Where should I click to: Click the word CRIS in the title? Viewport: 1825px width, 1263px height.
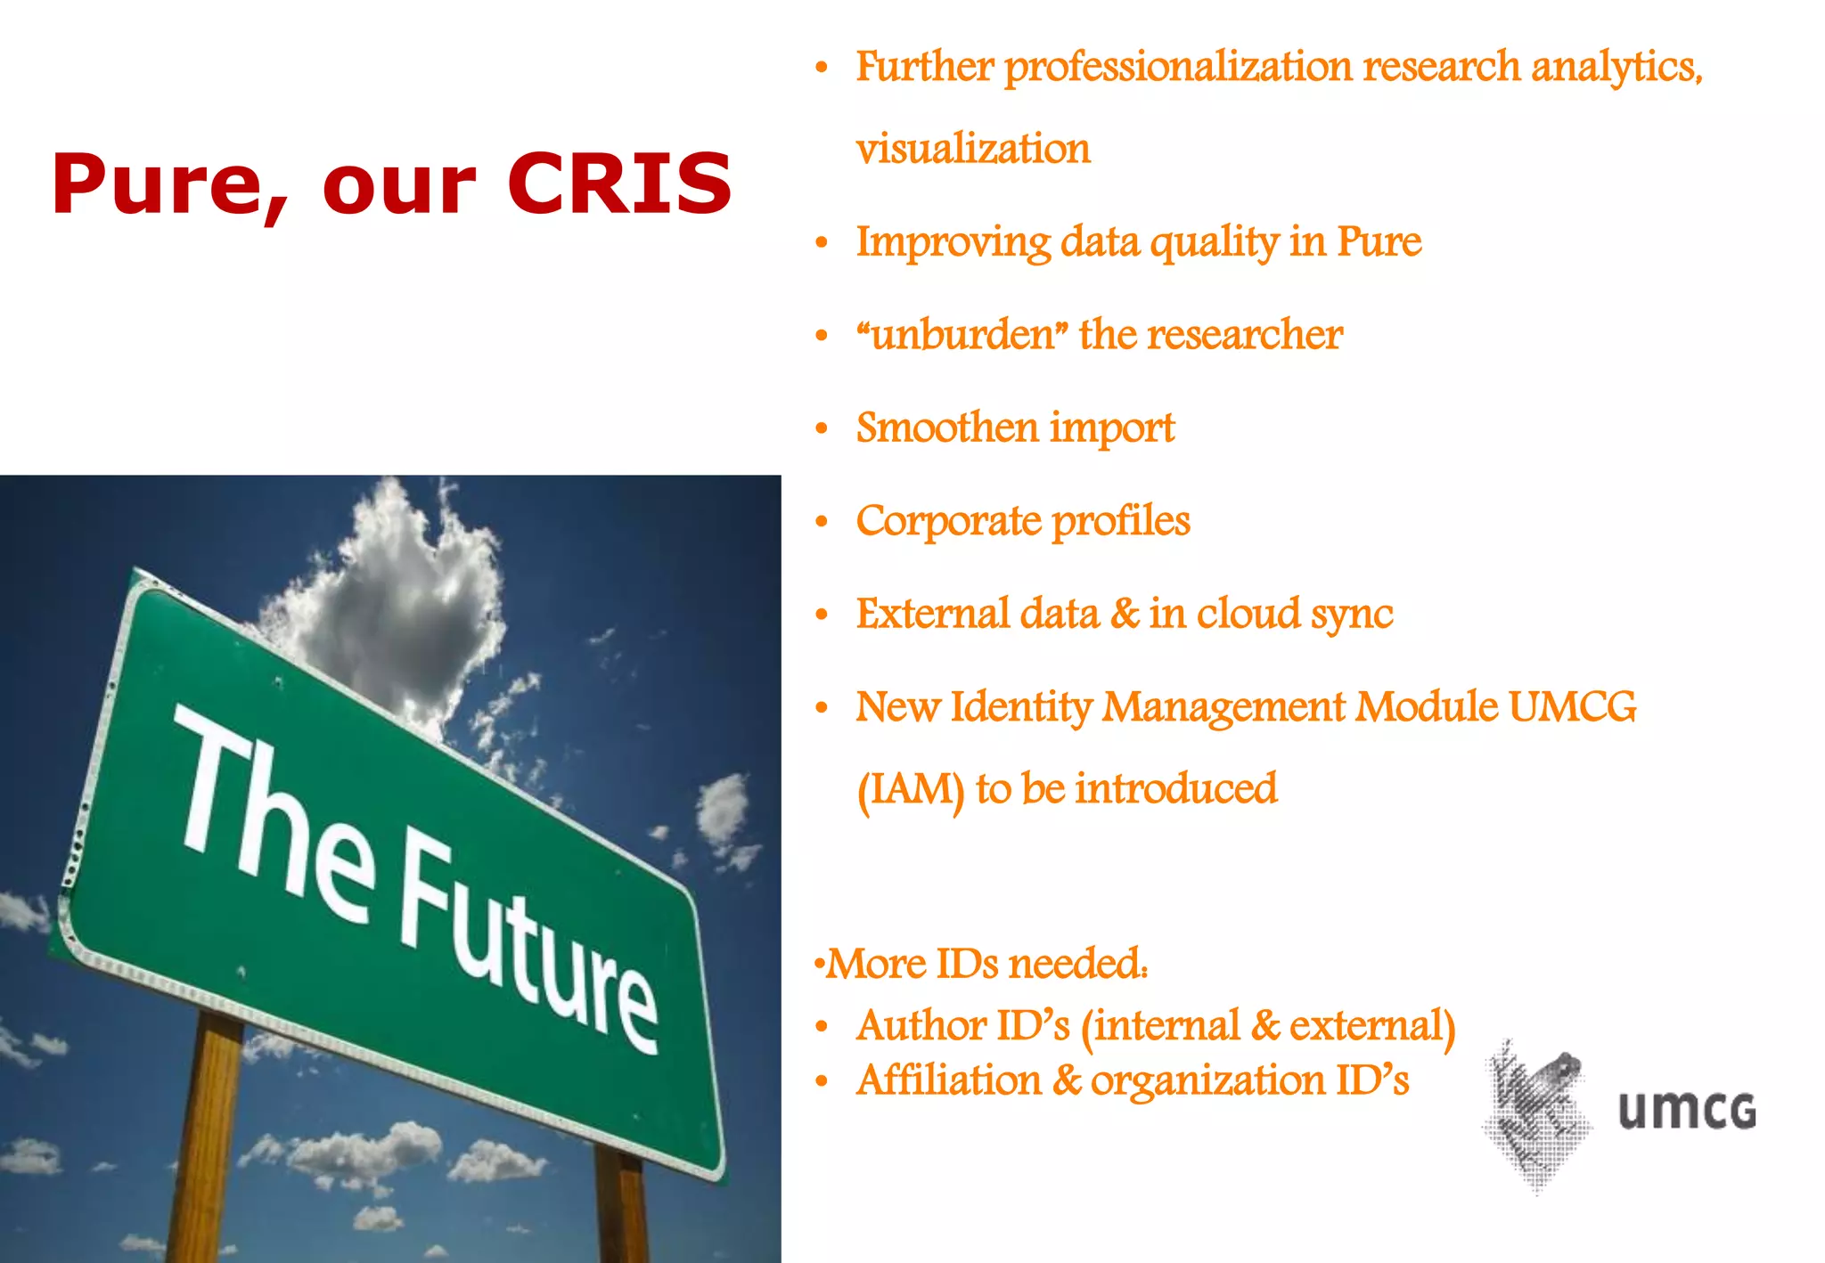[x=619, y=183]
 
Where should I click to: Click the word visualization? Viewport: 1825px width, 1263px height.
[x=972, y=149]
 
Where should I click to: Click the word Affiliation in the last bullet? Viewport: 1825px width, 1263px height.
[x=948, y=1081]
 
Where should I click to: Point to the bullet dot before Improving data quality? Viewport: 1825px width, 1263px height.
[x=822, y=243]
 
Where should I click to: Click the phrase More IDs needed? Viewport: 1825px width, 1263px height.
[x=985, y=965]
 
